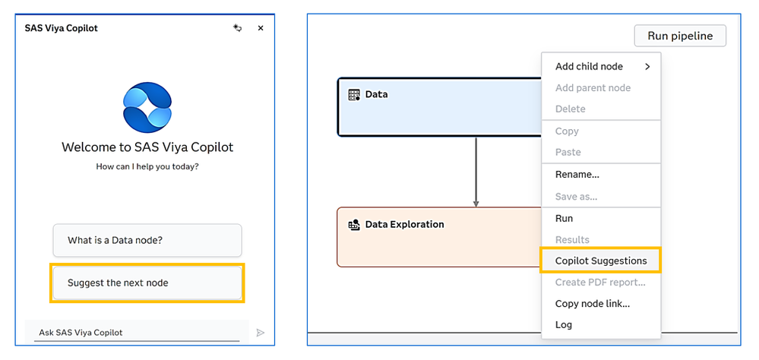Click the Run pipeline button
[x=680, y=36]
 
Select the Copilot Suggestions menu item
[x=601, y=261]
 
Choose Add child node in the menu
[x=589, y=67]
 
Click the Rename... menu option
[x=577, y=175]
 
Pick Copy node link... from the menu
[x=593, y=304]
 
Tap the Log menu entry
[x=564, y=324]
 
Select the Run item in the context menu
[x=564, y=219]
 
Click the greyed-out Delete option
[x=571, y=109]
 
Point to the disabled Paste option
[x=568, y=152]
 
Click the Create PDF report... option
[x=600, y=282]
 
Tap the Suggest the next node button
[x=147, y=283]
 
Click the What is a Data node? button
[x=147, y=240]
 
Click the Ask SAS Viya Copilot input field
[x=137, y=333]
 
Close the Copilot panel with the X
[x=261, y=28]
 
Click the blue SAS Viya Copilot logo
[x=147, y=107]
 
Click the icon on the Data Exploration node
[x=354, y=225]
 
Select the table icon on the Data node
[x=354, y=95]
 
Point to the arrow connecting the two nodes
[x=476, y=172]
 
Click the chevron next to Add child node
[x=647, y=67]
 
